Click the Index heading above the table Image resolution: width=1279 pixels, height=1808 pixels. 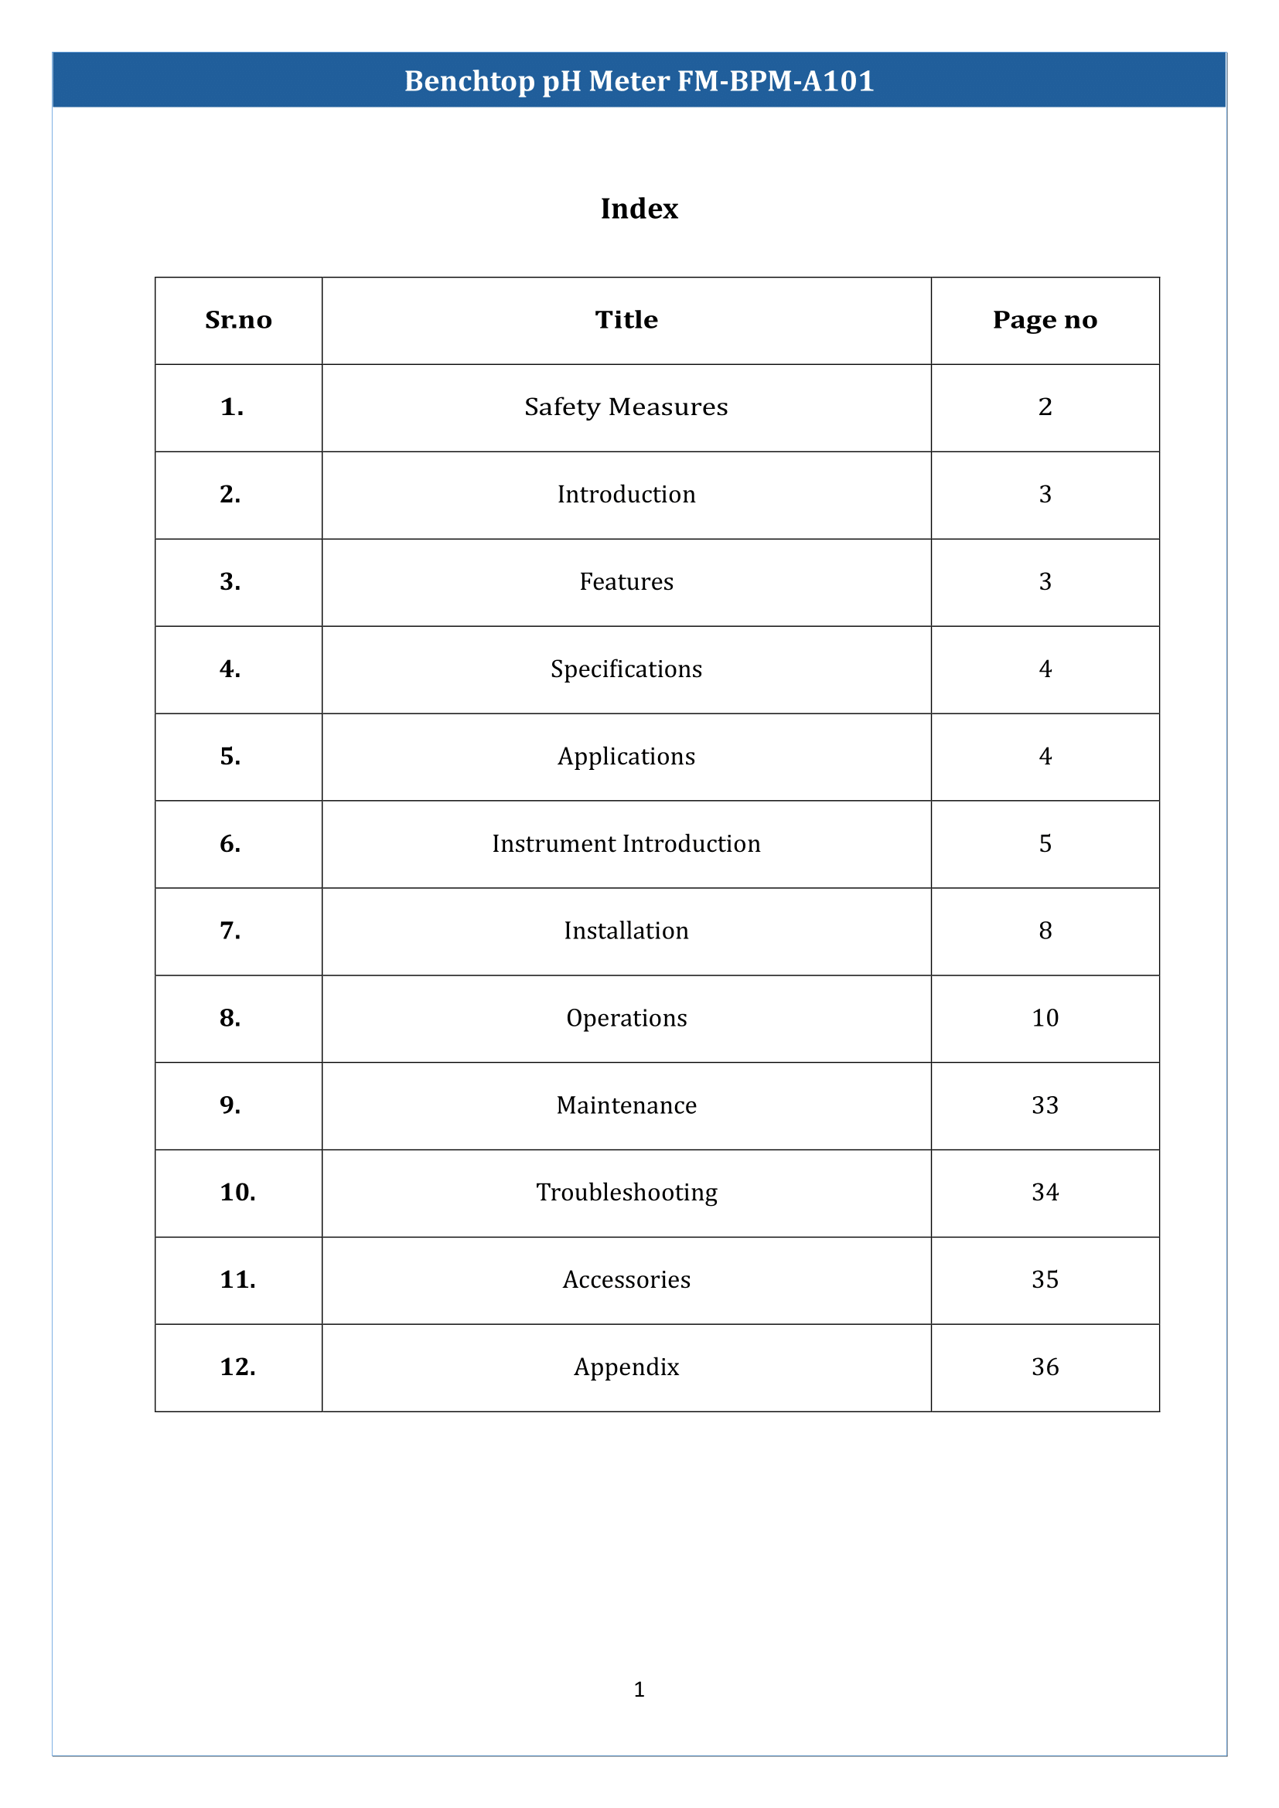639,209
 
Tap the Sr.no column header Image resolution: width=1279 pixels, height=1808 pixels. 238,320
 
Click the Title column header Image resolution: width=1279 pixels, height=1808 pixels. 626,320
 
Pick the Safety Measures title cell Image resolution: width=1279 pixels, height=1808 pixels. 626,407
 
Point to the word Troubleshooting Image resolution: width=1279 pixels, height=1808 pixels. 626,1192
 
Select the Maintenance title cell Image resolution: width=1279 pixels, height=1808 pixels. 626,1105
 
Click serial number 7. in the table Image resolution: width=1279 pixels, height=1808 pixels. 230,931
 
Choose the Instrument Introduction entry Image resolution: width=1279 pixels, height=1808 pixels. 626,844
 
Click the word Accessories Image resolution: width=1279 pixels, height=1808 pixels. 626,1279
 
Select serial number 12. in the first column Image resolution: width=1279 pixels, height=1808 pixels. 237,1367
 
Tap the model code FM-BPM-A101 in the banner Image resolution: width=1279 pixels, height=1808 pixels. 775,81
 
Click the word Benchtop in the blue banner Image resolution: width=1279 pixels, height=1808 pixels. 469,81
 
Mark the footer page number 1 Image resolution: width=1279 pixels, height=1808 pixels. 639,1689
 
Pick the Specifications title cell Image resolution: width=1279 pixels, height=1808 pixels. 626,669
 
